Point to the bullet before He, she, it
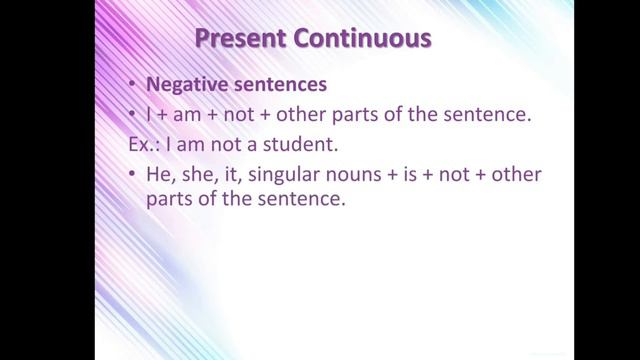133,175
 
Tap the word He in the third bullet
160,175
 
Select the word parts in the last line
169,199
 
